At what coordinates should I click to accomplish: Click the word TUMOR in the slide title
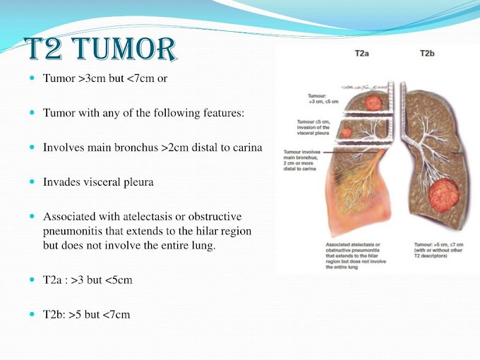124,49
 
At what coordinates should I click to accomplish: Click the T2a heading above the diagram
363,53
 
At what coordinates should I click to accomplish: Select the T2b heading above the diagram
428,53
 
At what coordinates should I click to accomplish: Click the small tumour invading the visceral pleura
347,131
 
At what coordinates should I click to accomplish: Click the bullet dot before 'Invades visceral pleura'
32,181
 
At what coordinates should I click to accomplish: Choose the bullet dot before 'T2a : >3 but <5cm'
32,280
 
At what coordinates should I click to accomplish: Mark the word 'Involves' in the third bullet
62,147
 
